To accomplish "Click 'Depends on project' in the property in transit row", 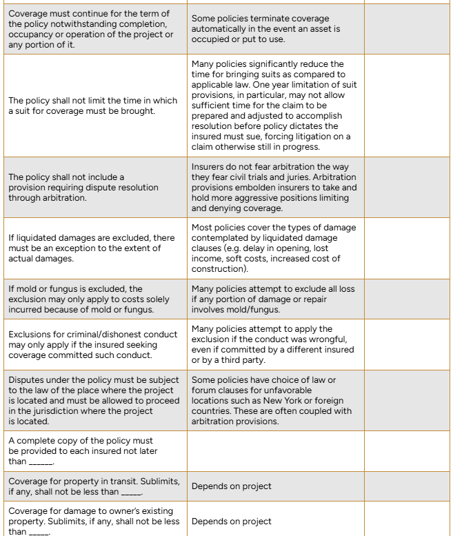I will click(231, 486).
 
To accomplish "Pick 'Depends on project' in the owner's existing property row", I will click(231, 522).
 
